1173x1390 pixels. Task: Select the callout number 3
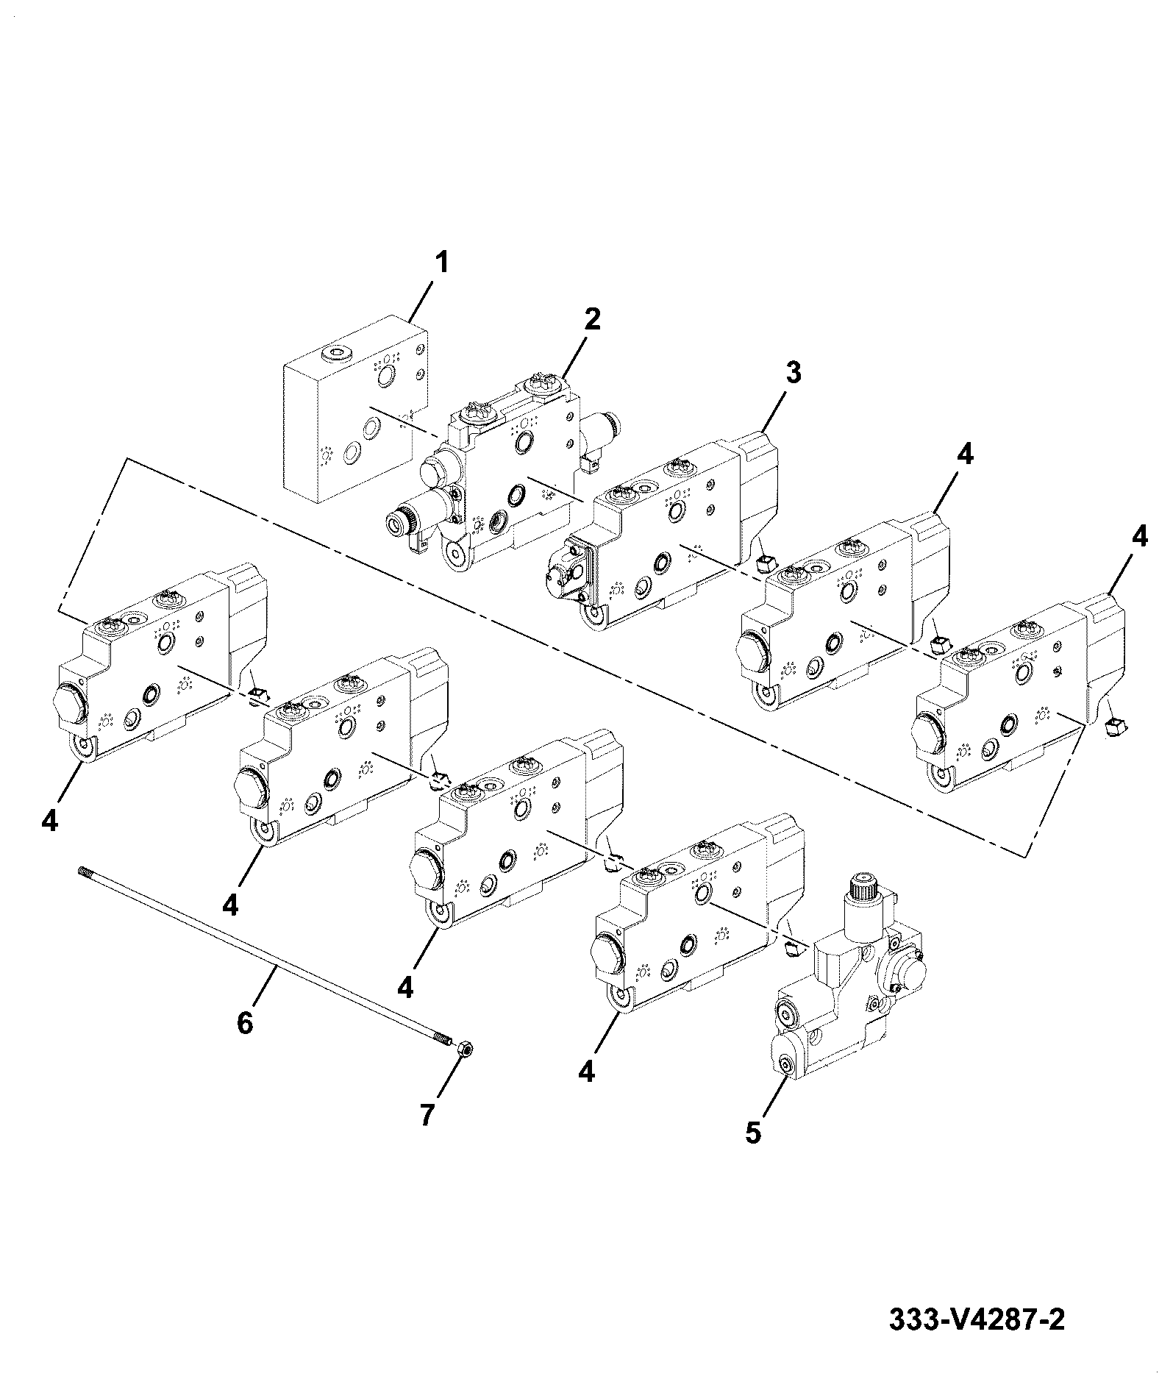[793, 373]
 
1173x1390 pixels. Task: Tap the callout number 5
[753, 1152]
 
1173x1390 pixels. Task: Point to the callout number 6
[245, 1022]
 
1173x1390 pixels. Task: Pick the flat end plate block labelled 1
[356, 410]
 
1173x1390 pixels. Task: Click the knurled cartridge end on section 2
[400, 523]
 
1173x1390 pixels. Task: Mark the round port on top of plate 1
[341, 354]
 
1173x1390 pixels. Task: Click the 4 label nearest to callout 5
[586, 1072]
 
